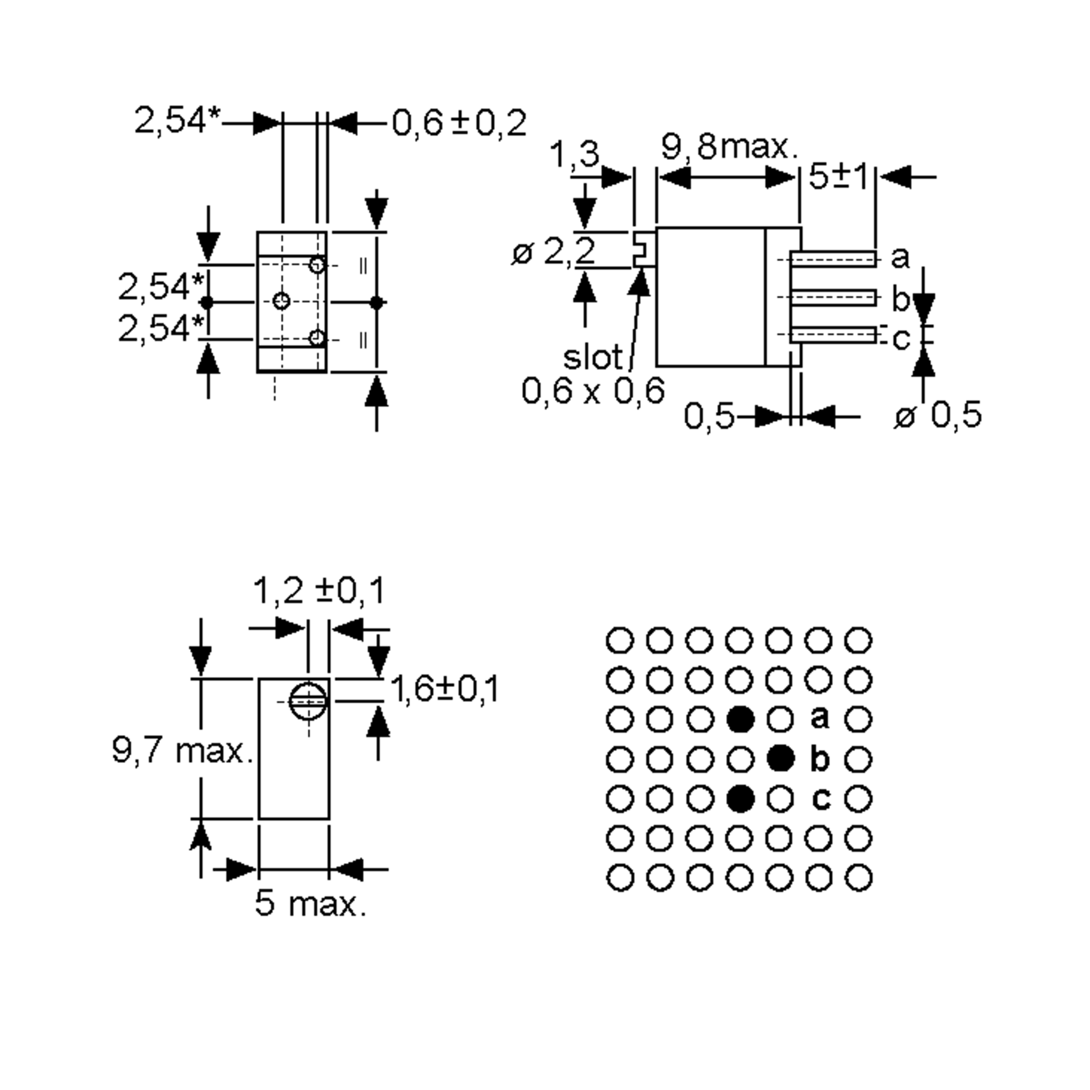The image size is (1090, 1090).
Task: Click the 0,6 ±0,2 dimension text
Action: click(x=458, y=123)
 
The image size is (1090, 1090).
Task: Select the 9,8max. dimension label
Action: click(x=729, y=147)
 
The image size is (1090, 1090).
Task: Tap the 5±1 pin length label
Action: click(x=838, y=177)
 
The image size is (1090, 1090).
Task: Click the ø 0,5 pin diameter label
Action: click(x=938, y=416)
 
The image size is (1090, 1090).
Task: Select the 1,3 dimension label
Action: click(x=575, y=154)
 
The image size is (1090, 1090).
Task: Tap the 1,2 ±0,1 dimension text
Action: click(x=319, y=591)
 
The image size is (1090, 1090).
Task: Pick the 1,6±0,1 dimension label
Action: click(x=445, y=689)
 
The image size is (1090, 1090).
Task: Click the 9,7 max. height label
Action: click(x=182, y=751)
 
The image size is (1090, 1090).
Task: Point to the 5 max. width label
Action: click(x=311, y=903)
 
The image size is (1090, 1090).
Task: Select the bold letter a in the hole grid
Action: click(x=820, y=718)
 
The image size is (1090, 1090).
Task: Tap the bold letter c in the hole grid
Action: click(x=821, y=798)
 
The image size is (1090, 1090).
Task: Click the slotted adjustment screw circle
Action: click(x=308, y=701)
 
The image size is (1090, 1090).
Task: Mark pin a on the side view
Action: click(x=833, y=259)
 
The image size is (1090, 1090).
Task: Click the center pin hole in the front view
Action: click(x=281, y=301)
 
